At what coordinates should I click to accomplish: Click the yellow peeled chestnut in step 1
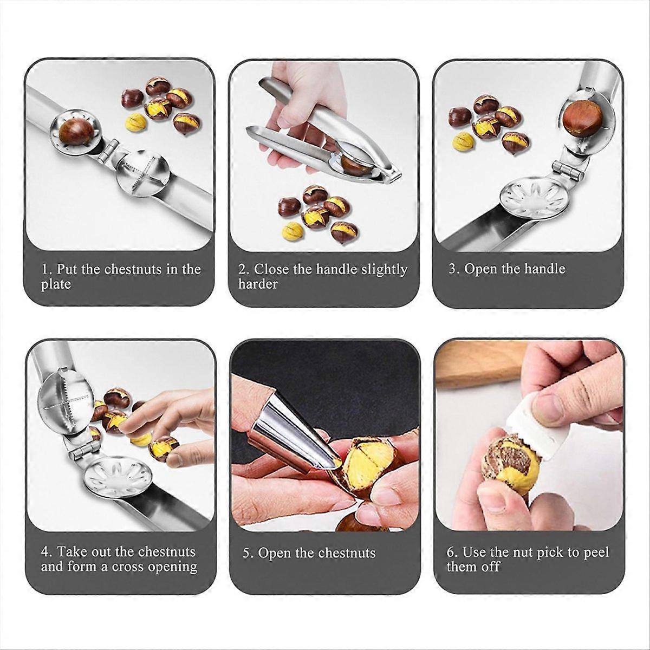[135, 122]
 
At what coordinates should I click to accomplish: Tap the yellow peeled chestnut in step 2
[292, 231]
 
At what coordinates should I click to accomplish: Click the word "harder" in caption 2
[258, 284]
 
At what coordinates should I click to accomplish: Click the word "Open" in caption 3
[480, 269]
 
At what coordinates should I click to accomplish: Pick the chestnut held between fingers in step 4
[163, 447]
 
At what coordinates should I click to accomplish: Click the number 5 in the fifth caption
[248, 553]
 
